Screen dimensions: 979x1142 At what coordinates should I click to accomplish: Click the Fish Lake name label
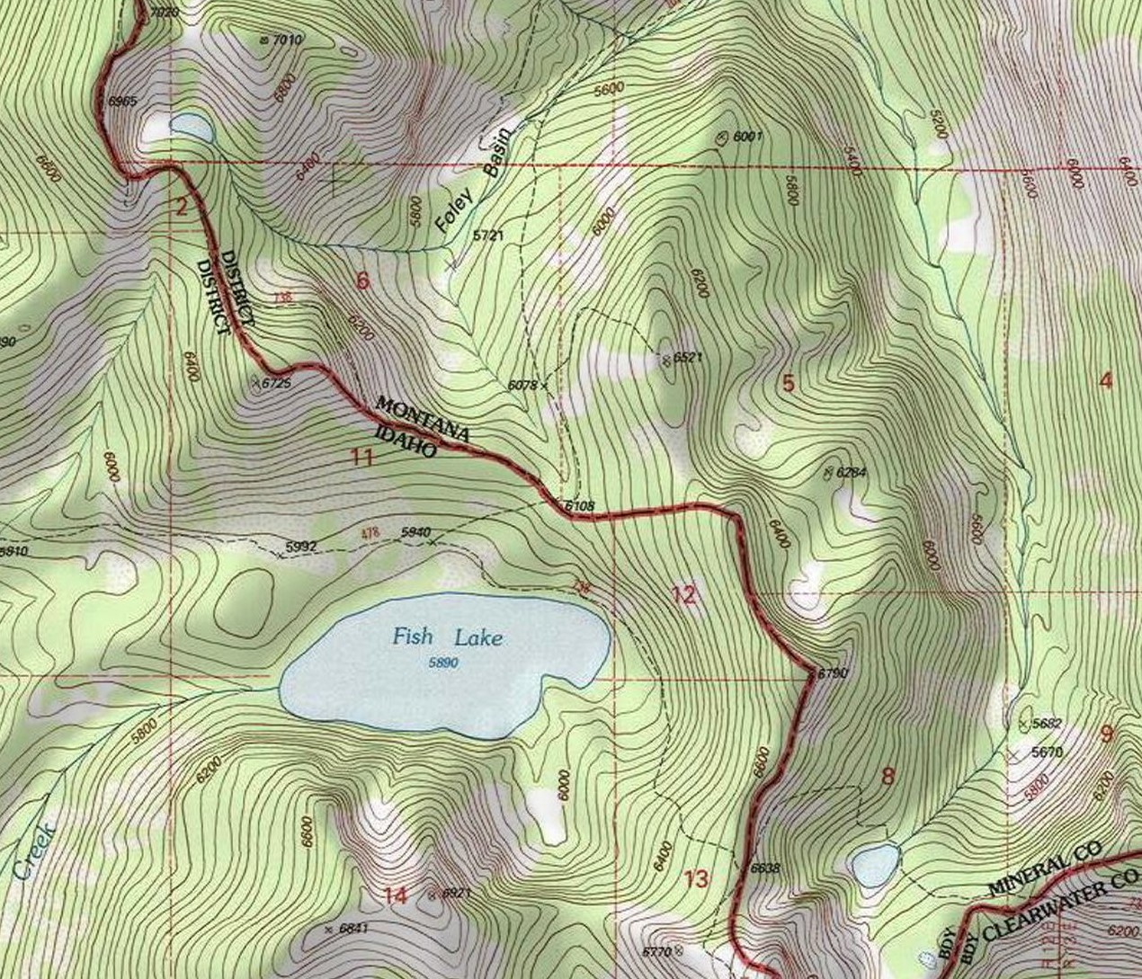(x=447, y=638)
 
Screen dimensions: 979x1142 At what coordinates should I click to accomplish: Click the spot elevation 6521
(x=686, y=358)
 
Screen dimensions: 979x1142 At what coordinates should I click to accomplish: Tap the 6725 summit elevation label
(x=276, y=383)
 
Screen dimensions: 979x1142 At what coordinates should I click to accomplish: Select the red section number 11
(x=361, y=458)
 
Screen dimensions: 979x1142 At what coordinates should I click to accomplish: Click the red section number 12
(x=683, y=594)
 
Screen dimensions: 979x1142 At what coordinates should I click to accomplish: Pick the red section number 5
(x=788, y=384)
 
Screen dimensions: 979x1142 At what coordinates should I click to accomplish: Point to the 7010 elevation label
(x=286, y=40)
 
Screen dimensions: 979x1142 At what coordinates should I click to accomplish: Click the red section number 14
(x=396, y=895)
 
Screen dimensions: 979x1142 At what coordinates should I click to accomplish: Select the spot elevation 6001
(x=747, y=137)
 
